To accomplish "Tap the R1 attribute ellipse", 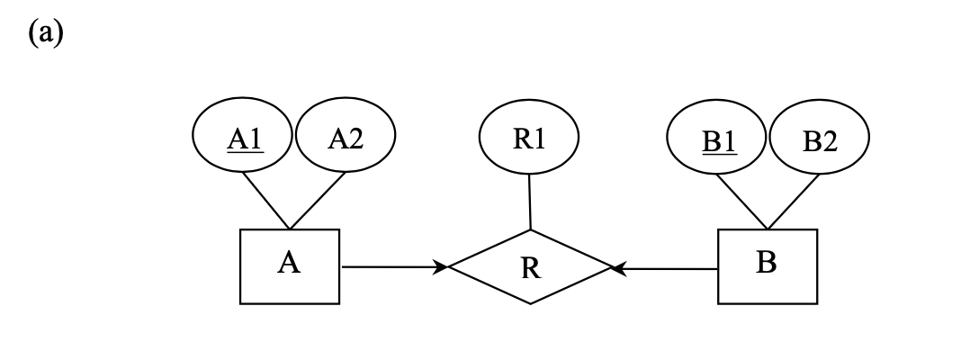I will tap(529, 139).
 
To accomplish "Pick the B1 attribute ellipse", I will tap(718, 140).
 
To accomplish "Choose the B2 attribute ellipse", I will tap(820, 140).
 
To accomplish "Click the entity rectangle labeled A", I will tap(290, 266).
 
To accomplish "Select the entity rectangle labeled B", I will tap(768, 266).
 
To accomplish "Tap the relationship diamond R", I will tap(531, 267).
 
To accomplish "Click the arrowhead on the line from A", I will tap(441, 266).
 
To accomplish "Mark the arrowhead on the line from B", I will tap(618, 267).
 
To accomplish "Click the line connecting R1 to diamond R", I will tap(530, 202).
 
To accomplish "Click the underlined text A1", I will tap(244, 139).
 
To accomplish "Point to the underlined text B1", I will tap(718, 141).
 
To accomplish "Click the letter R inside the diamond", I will tap(531, 269).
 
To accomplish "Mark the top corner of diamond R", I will tap(531, 230).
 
